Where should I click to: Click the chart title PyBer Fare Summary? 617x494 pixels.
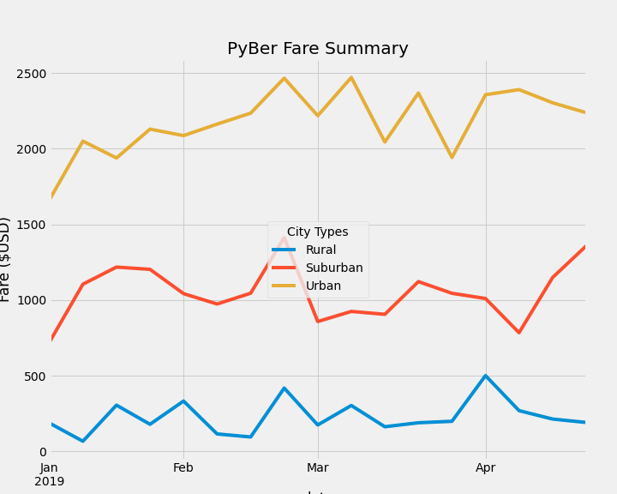(317, 49)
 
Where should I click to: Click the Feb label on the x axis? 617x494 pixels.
(183, 467)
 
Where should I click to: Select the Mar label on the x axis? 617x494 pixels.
(318, 467)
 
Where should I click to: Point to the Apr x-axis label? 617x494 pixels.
(486, 467)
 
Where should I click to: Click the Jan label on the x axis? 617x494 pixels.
(49, 467)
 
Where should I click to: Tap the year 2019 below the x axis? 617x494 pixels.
(49, 481)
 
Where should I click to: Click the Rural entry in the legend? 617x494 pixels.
(320, 250)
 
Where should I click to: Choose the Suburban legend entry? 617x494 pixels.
(334, 268)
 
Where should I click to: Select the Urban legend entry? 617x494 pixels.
(323, 286)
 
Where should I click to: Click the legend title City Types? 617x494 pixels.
(317, 232)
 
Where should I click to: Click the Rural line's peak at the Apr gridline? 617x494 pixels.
(486, 376)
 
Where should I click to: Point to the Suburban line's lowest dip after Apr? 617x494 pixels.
(519, 333)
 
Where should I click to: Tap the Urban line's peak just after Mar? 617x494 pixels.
(351, 78)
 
